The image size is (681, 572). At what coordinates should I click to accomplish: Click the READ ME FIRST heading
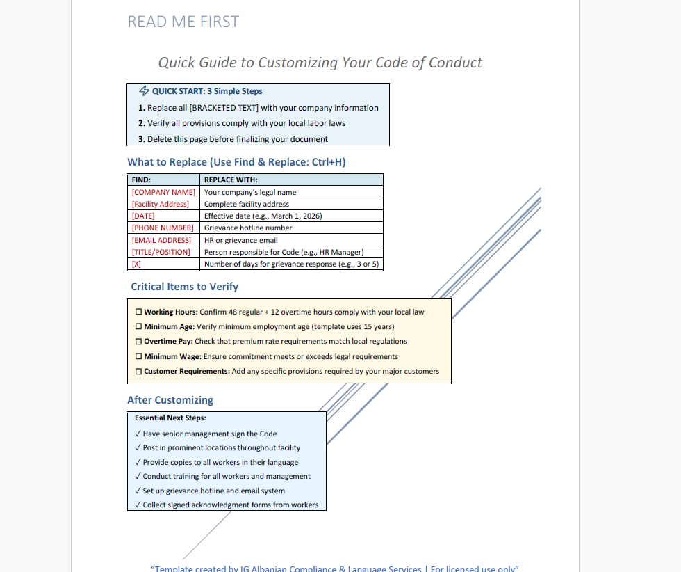[183, 22]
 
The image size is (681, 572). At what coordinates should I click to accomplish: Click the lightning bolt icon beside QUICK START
[145, 91]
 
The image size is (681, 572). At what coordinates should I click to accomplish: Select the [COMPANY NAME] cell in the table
[163, 192]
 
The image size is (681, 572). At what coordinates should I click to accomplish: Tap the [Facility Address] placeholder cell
[161, 204]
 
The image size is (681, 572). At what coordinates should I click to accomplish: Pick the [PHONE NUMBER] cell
[163, 228]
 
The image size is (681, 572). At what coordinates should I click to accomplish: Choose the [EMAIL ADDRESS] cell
[161, 240]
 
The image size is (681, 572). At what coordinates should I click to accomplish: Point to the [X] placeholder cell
[136, 264]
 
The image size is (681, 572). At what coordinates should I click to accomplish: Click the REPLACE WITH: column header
[231, 180]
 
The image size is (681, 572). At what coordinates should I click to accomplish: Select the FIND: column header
[141, 180]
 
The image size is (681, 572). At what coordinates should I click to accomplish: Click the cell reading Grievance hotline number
[248, 228]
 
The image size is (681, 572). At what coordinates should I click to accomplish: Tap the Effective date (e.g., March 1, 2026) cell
[263, 216]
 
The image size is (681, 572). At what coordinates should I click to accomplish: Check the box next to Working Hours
[139, 312]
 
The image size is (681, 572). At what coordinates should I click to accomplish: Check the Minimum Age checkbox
[139, 327]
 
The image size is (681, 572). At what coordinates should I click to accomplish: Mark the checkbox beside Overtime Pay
[139, 342]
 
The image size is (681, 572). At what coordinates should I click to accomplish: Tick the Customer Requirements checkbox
[139, 372]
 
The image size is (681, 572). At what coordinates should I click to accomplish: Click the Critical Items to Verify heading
[184, 287]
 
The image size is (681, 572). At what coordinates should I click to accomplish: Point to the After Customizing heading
[170, 400]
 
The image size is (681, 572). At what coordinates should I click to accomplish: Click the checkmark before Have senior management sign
[138, 434]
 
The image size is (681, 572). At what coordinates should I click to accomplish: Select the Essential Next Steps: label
[170, 418]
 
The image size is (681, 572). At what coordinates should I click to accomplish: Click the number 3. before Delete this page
[141, 139]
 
